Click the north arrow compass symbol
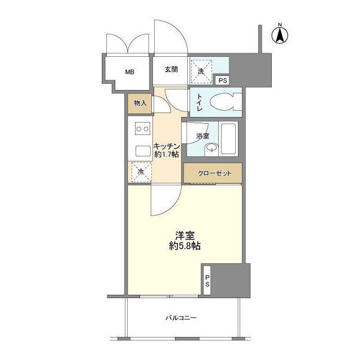pyautogui.click(x=280, y=35)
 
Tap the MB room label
pyautogui.click(x=130, y=72)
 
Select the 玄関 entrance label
pyautogui.click(x=171, y=69)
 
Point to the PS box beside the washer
pyautogui.click(x=223, y=80)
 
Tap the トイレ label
pyautogui.click(x=199, y=102)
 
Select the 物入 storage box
pyautogui.click(x=140, y=103)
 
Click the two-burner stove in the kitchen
pyautogui.click(x=142, y=129)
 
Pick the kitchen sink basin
pyautogui.click(x=143, y=151)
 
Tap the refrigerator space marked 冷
pyautogui.click(x=141, y=172)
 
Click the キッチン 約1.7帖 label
pyautogui.click(x=166, y=150)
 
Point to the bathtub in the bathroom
pyautogui.click(x=228, y=139)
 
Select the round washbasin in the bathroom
pyautogui.click(x=211, y=147)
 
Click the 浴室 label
pyautogui.click(x=202, y=136)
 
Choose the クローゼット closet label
pyautogui.click(x=215, y=173)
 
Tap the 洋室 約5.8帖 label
pyautogui.click(x=185, y=241)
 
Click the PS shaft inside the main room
pyautogui.click(x=207, y=281)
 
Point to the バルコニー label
pyautogui.click(x=181, y=318)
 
